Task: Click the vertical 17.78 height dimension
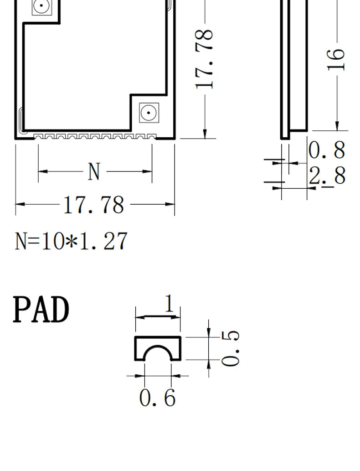205,59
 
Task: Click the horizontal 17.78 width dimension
94,205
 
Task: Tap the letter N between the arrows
94,171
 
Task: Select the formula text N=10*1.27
71,241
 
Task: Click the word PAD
41,309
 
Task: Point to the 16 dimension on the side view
336,59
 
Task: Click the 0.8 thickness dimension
327,150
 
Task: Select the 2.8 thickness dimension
327,176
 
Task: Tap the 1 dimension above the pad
170,303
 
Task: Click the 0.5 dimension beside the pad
230,348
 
